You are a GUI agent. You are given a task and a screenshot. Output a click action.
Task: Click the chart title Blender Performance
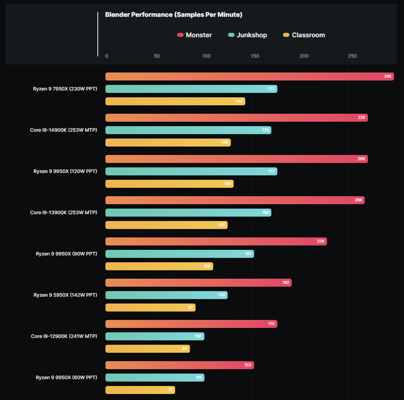pyautogui.click(x=174, y=15)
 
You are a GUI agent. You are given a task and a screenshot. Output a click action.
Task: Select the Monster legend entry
pyautogui.click(x=195, y=35)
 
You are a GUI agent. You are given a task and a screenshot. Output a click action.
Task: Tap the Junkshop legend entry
pyautogui.click(x=248, y=35)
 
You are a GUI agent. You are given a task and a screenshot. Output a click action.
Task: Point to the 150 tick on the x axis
pyautogui.click(x=255, y=56)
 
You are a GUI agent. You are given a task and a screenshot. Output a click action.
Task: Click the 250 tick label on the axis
pyautogui.click(x=352, y=56)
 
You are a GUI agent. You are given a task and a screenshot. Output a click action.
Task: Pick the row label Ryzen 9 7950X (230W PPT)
pyautogui.click(x=65, y=89)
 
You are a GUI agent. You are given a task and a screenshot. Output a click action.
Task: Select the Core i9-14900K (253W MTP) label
pyautogui.click(x=63, y=130)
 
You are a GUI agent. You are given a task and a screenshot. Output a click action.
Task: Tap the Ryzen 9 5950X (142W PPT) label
pyautogui.click(x=65, y=295)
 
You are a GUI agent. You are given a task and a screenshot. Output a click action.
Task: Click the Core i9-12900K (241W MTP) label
pyautogui.click(x=64, y=336)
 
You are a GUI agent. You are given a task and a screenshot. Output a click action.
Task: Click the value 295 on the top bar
pyautogui.click(x=388, y=76)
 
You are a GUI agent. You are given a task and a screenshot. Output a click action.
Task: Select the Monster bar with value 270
pyautogui.click(x=236, y=118)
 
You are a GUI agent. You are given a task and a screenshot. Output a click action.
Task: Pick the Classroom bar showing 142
pyautogui.click(x=175, y=101)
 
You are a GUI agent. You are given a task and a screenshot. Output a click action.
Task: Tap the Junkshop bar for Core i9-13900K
pyautogui.click(x=188, y=213)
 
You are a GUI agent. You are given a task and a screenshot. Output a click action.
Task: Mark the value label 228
pyautogui.click(x=320, y=241)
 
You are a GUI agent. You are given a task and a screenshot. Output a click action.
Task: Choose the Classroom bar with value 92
pyautogui.click(x=150, y=308)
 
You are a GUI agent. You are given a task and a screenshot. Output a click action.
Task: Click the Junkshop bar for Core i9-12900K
pyautogui.click(x=155, y=336)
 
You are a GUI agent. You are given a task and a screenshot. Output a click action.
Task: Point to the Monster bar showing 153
pyautogui.click(x=180, y=365)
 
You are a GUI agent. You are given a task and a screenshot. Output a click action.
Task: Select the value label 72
pyautogui.click(x=170, y=390)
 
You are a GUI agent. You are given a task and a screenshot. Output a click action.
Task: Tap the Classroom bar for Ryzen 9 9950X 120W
pyautogui.click(x=169, y=184)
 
